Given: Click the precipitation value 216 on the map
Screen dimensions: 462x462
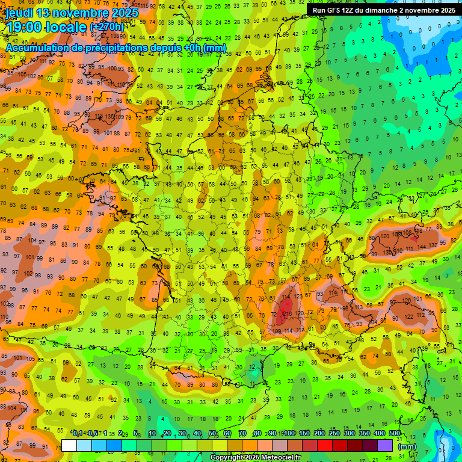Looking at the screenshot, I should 288,313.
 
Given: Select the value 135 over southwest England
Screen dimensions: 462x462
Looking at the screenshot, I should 109,117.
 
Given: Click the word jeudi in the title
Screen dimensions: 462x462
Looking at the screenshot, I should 20,13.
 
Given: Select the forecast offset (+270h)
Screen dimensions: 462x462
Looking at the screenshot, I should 107,27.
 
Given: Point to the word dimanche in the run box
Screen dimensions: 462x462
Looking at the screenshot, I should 381,10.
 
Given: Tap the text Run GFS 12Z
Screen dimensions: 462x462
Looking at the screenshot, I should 333,10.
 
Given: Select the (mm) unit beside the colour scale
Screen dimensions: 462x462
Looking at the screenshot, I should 407,446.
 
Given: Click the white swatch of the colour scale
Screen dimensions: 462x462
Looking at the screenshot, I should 69,446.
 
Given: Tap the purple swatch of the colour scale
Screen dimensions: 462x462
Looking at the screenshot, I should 385,446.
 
